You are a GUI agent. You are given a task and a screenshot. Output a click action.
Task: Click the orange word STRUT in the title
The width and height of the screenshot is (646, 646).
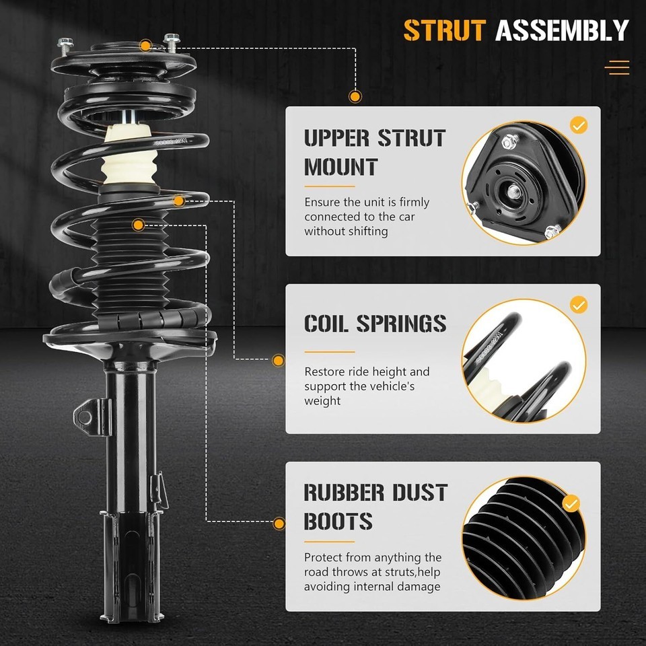445,30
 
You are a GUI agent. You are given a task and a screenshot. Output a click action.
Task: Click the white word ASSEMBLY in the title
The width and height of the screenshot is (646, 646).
562,30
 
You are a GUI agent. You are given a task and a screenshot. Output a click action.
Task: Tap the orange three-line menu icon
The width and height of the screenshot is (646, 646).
617,67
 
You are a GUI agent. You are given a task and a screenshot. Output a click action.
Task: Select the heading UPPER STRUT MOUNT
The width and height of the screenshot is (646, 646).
375,153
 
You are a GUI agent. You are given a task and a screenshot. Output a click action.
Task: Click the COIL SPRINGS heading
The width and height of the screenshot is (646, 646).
375,324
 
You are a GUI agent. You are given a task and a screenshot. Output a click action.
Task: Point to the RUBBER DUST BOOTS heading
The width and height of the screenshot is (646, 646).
375,506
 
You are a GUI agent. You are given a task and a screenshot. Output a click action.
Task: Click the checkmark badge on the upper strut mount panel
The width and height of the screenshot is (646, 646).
579,125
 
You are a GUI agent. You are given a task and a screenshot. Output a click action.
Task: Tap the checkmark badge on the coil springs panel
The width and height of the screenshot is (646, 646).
579,305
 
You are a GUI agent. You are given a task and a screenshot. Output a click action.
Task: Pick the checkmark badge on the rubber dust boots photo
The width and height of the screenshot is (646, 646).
571,503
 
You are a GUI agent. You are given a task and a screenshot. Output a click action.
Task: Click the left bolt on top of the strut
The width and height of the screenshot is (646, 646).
65,46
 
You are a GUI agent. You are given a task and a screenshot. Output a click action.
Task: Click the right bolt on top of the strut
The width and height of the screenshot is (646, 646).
171,43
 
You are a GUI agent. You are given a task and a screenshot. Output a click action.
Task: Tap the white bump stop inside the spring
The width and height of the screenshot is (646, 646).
129,155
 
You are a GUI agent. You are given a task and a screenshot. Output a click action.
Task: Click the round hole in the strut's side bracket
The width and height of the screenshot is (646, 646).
85,417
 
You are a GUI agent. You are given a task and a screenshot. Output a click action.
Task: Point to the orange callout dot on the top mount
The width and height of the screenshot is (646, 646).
145,45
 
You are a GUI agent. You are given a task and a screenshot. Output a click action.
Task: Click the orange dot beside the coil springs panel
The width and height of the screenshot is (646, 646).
279,361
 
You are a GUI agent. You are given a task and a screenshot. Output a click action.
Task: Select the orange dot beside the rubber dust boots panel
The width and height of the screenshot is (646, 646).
279,524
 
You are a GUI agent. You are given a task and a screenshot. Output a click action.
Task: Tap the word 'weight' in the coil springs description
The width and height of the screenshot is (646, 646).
322,401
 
